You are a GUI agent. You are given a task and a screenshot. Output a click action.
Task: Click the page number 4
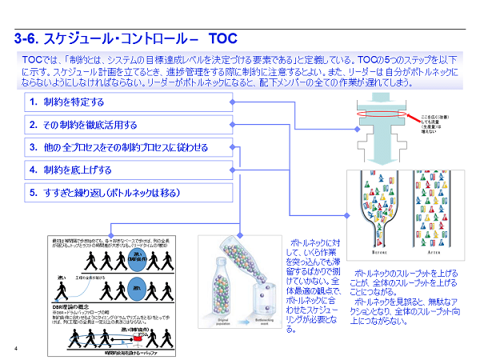(x=17, y=347)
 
